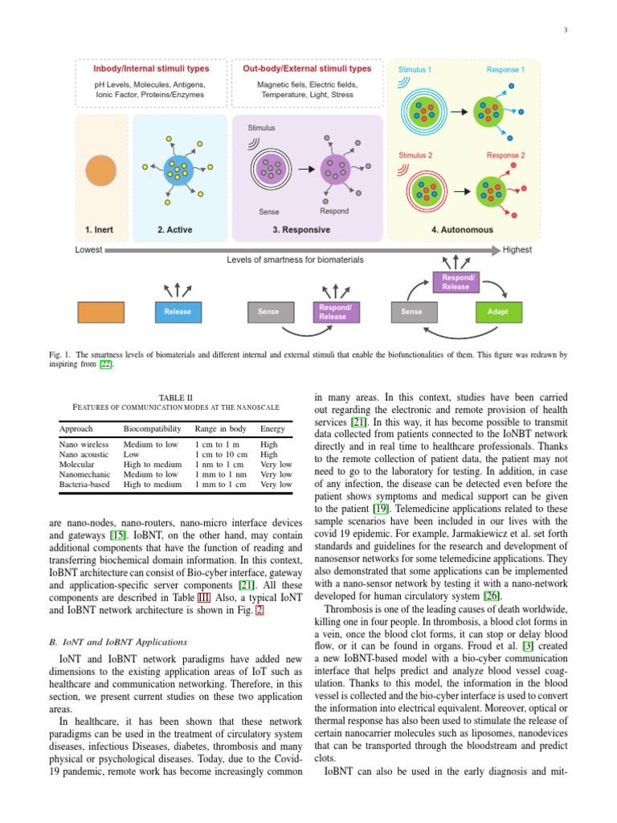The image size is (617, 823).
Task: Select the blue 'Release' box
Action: tap(177, 312)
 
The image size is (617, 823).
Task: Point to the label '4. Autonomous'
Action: tap(462, 230)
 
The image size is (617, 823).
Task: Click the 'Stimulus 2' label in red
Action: tap(415, 155)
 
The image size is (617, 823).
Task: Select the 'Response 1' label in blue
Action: tap(505, 70)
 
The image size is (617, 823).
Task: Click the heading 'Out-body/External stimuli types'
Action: tap(307, 69)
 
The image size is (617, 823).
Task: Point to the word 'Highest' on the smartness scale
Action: tap(517, 250)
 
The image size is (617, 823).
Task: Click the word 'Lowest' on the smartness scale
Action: tap(88, 250)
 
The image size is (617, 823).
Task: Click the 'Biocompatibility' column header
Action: tap(149, 429)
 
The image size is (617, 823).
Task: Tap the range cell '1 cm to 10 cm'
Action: tap(220, 453)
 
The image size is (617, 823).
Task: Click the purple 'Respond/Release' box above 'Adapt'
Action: tap(456, 282)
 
